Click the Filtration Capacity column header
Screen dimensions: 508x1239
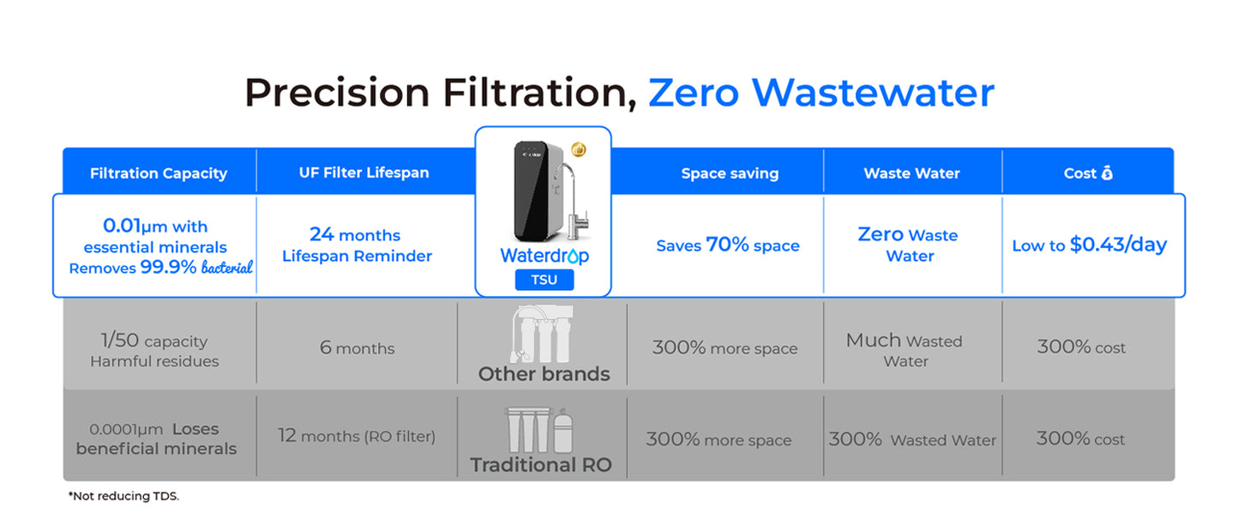tap(159, 173)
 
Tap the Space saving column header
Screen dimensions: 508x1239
tap(730, 173)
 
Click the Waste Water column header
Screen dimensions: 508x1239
tap(911, 173)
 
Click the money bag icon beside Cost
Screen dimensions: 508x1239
tap(1107, 173)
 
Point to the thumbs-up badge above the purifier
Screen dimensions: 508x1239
tap(579, 150)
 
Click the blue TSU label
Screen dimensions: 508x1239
tap(544, 280)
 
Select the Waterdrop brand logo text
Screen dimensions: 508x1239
tap(544, 256)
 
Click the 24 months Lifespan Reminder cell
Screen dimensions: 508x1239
tap(357, 245)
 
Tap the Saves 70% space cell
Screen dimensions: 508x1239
tap(728, 245)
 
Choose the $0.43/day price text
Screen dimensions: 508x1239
tap(1118, 245)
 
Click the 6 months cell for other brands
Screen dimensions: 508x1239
tap(357, 348)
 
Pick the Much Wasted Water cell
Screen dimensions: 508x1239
tap(905, 350)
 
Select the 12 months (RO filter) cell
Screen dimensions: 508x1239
tap(357, 436)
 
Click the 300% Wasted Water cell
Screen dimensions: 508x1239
tap(912, 440)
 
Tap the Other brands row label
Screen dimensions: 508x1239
tap(544, 374)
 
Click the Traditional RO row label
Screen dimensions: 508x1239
tap(541, 465)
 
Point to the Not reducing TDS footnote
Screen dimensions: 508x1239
tap(124, 496)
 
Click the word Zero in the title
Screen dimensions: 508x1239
tap(694, 93)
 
